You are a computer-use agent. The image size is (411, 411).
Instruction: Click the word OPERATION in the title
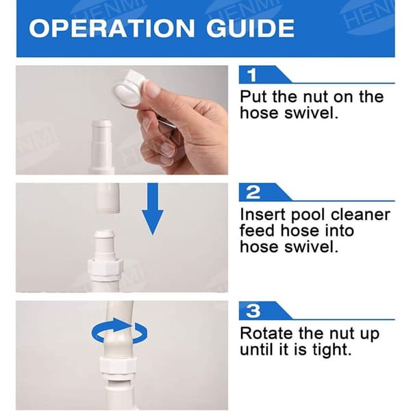[112, 28]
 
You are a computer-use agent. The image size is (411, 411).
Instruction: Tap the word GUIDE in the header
[250, 28]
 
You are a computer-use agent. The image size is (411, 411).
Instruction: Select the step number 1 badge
[252, 75]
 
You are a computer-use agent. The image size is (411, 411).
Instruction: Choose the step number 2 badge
[253, 192]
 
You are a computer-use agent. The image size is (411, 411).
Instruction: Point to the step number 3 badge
[253, 310]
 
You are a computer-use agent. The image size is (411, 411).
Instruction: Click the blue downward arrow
[153, 209]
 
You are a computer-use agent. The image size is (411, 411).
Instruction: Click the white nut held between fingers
[128, 88]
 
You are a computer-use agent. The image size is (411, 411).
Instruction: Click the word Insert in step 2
[263, 214]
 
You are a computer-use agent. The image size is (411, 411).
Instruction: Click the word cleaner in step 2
[360, 214]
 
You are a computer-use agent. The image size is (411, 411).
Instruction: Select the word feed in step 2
[258, 231]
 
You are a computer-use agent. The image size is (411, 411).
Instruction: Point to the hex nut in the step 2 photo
[105, 267]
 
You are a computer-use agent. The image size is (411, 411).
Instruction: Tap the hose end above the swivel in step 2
[108, 198]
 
